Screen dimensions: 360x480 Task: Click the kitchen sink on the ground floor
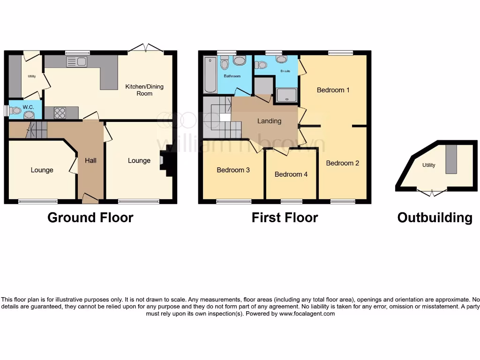point(76,61)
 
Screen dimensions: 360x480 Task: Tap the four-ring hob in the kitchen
point(60,113)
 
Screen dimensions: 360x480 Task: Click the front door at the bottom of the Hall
point(90,198)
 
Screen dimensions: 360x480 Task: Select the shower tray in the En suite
point(286,95)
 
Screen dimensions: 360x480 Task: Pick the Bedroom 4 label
point(291,174)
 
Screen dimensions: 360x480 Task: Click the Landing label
point(269,121)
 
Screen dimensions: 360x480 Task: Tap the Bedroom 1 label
point(333,90)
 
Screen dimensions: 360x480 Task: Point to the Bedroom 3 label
point(233,170)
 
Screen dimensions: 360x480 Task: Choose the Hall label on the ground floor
point(90,160)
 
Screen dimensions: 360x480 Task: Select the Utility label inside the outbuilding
point(428,165)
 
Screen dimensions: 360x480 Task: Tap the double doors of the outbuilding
point(432,192)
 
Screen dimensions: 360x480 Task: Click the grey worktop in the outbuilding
point(451,159)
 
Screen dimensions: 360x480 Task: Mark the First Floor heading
point(285,217)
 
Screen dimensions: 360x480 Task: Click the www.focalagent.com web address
point(307,314)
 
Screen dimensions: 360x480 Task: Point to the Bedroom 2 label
point(342,163)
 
